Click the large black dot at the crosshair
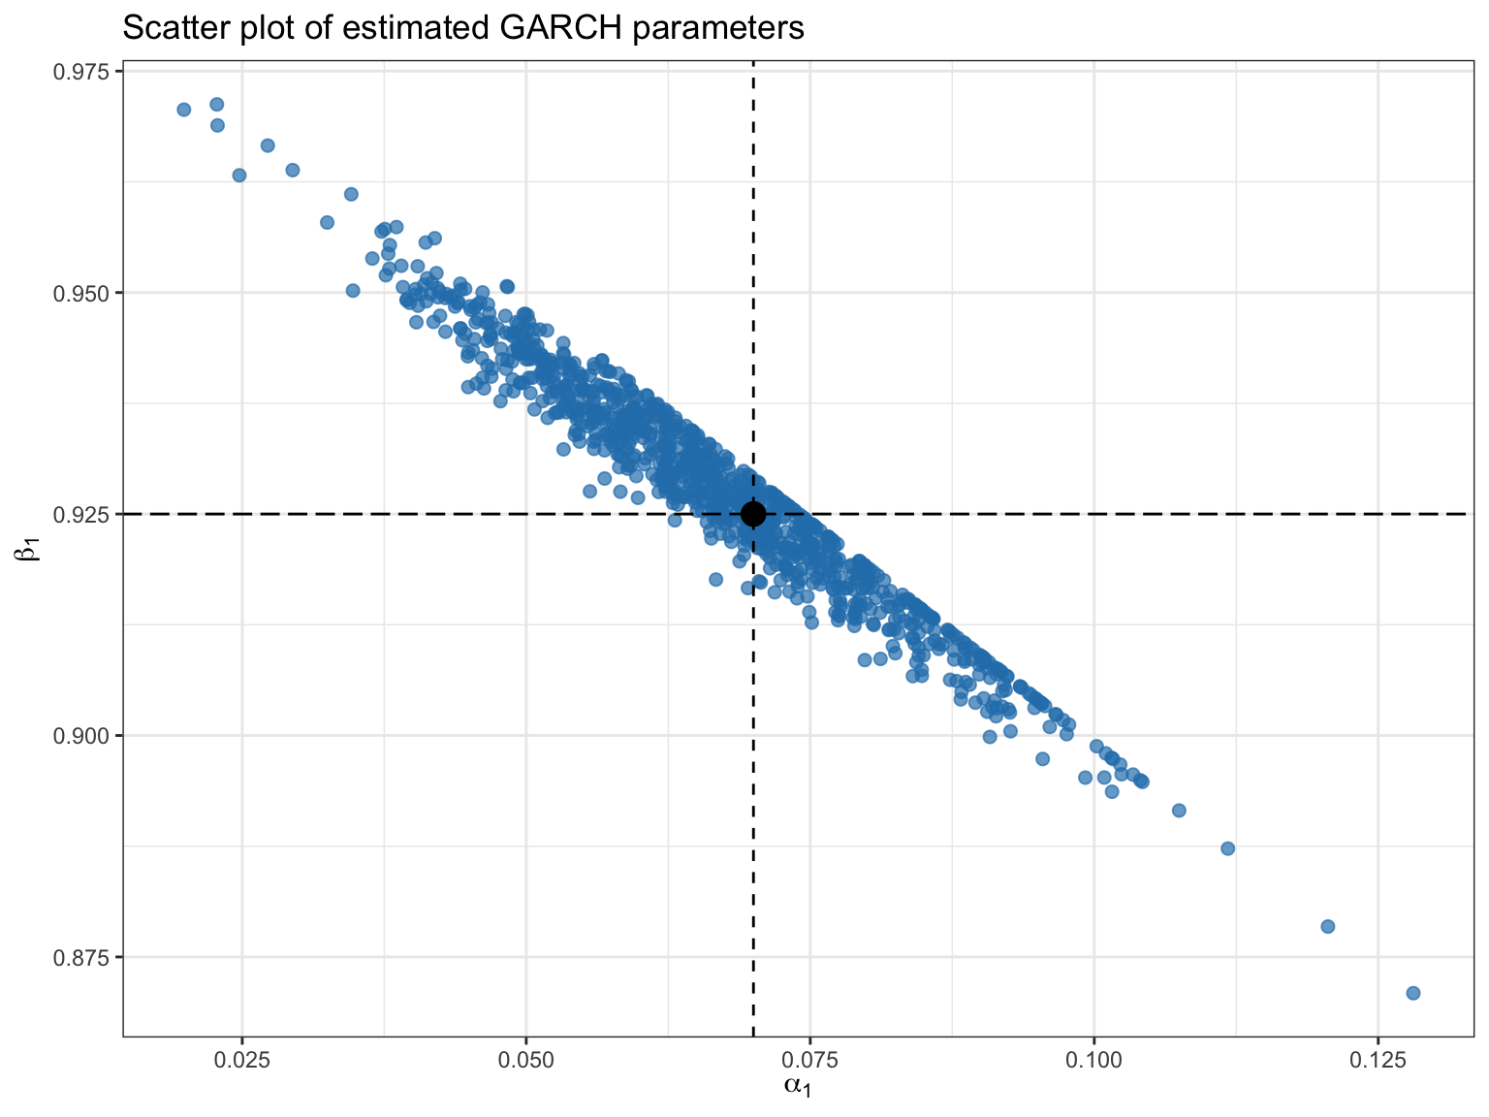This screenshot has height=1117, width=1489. (753, 514)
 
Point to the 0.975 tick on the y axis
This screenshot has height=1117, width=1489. (87, 72)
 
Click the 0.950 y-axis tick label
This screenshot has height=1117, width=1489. (87, 293)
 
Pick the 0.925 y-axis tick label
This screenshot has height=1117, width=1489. (87, 514)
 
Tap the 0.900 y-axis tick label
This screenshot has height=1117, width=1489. (87, 735)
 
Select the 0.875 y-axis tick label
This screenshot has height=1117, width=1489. (87, 957)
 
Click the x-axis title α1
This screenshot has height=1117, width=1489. (797, 1087)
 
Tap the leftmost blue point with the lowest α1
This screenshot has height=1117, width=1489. (184, 110)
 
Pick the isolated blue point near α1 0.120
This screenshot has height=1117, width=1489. (1328, 926)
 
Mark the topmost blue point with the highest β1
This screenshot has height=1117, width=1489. (217, 104)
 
